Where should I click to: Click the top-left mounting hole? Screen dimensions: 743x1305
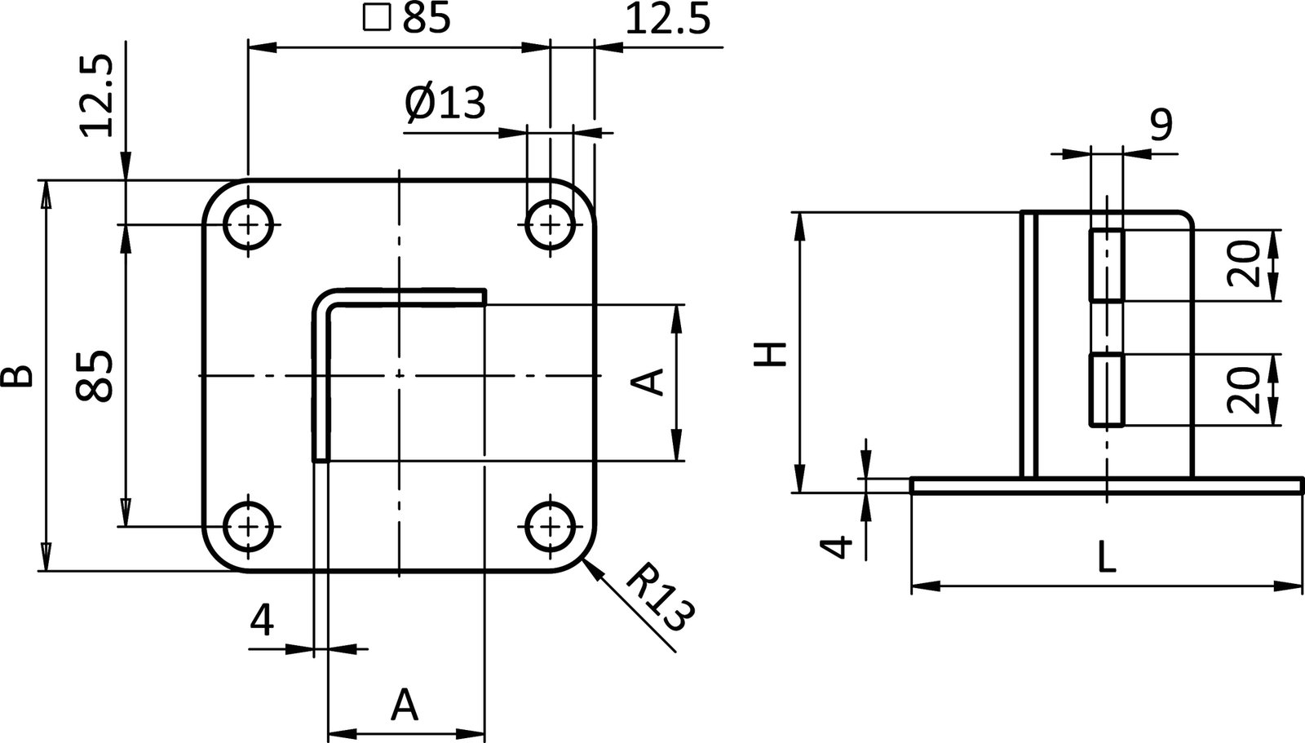pyautogui.click(x=248, y=223)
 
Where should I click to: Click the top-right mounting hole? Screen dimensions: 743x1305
pyautogui.click(x=551, y=223)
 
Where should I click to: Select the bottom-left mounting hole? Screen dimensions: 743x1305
pyautogui.click(x=248, y=527)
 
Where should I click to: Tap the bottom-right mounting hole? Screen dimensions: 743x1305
pyautogui.click(x=551, y=527)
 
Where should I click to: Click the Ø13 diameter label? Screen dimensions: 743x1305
pyautogui.click(x=445, y=104)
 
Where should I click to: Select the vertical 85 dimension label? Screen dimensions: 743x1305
pyautogui.click(x=94, y=375)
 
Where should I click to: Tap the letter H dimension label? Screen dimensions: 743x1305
pyautogui.click(x=770, y=353)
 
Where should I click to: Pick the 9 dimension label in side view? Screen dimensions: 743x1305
pyautogui.click(x=1161, y=124)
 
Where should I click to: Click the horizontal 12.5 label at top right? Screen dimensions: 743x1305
pyautogui.click(x=667, y=20)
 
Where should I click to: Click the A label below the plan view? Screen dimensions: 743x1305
pyautogui.click(x=405, y=705)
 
